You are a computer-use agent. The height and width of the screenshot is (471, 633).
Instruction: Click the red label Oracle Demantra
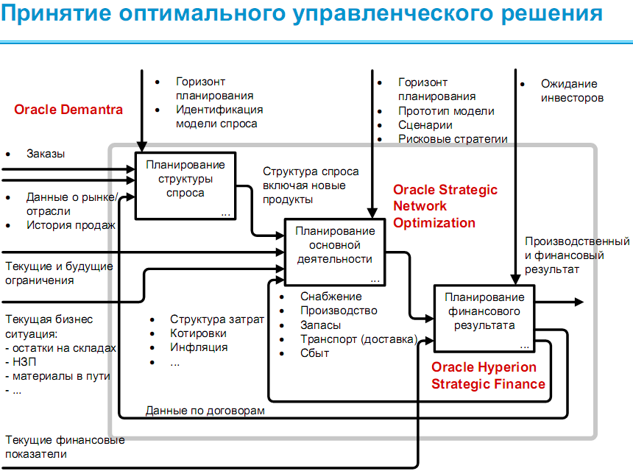[x=68, y=110]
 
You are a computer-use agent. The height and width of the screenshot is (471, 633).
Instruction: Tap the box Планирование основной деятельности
[x=334, y=251]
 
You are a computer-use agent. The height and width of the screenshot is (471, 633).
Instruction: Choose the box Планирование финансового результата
[x=484, y=317]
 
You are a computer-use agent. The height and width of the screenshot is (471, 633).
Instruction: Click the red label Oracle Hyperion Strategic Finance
[x=488, y=375]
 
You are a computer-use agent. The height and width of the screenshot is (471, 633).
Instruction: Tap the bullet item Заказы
[x=46, y=154]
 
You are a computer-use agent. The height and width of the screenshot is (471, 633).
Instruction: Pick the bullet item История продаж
[x=71, y=224]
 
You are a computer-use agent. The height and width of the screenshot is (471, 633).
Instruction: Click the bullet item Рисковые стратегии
[x=453, y=139]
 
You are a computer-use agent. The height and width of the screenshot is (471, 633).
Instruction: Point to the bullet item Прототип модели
[x=446, y=111]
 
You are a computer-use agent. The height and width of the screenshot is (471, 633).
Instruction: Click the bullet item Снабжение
[x=330, y=296]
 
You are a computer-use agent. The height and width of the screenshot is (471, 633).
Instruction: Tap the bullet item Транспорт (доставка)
[x=358, y=339]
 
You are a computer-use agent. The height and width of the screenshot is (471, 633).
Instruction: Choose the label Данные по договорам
[x=205, y=410]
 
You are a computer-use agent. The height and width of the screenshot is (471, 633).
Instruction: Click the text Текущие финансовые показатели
[x=65, y=447]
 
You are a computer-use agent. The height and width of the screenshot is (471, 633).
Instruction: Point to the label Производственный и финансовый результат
[x=576, y=255]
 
